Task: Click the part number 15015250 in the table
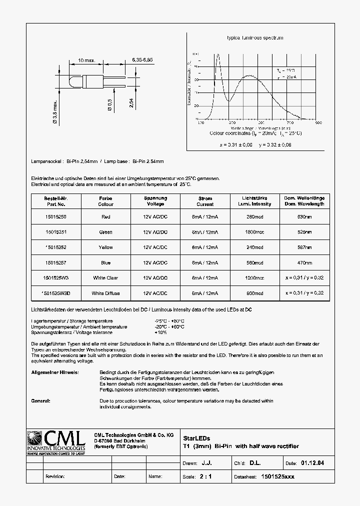55,217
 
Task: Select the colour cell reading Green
105,232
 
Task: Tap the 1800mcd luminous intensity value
255,232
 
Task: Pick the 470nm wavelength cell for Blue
304,262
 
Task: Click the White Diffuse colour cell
105,293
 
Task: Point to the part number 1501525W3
55,278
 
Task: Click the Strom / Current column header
205,201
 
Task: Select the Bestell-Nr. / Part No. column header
55,201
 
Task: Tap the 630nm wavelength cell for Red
304,217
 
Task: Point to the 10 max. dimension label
86,60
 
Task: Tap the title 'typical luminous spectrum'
255,38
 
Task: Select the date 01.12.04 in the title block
312,463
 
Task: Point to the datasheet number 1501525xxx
278,476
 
